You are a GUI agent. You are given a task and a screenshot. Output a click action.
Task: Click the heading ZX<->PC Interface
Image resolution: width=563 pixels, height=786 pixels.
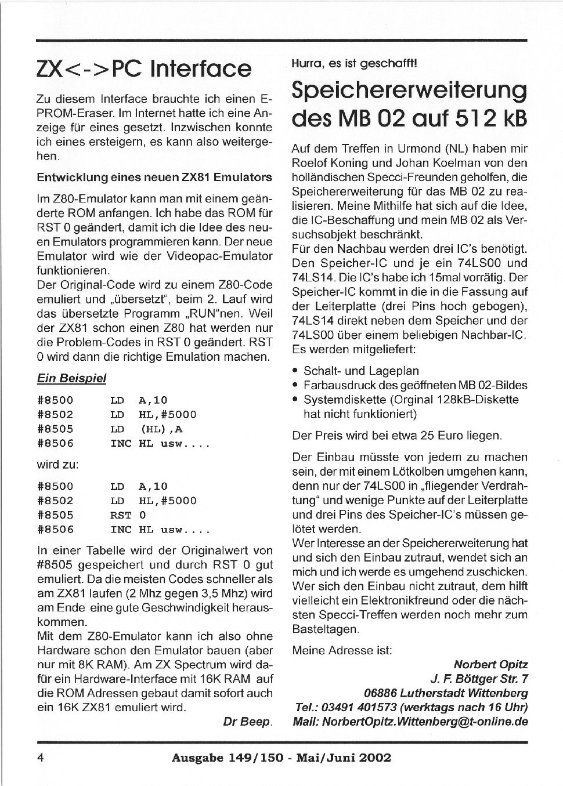(144, 68)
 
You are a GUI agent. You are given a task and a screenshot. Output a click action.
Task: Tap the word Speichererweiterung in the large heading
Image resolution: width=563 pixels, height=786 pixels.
(409, 90)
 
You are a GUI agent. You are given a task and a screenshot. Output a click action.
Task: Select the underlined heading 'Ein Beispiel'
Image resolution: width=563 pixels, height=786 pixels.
(71, 378)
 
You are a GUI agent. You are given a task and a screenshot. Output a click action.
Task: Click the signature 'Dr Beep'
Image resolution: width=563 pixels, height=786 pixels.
(247, 722)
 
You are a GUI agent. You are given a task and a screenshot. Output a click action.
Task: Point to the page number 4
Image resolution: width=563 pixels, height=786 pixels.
(41, 758)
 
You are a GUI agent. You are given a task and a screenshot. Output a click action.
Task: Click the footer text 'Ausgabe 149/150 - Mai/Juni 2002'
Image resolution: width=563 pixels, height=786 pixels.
(281, 758)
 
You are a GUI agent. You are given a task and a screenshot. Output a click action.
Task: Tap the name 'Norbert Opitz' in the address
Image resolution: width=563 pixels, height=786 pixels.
(490, 664)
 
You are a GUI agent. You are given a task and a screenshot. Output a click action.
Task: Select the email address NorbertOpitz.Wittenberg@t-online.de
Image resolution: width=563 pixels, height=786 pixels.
(425, 722)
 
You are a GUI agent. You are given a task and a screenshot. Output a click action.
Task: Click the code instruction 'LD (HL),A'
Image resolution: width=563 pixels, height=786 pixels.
(146, 429)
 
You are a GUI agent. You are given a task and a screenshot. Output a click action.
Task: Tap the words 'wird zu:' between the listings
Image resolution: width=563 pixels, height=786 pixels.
(58, 465)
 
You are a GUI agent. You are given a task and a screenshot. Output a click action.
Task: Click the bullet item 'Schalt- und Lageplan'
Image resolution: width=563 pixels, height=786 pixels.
(361, 371)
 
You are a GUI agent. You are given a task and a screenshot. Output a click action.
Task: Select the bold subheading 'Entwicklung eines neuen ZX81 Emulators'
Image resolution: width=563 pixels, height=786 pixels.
(154, 177)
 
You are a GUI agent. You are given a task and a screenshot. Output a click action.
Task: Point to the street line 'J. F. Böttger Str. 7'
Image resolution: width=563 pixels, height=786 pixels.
(479, 679)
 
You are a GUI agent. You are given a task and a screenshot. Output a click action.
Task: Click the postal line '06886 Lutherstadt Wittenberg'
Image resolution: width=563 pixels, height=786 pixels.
(446, 693)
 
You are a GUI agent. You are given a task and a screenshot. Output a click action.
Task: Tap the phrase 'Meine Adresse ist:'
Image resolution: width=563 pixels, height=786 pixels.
(342, 650)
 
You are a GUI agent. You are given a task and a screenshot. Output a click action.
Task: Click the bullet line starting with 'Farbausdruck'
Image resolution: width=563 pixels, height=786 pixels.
(415, 385)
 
